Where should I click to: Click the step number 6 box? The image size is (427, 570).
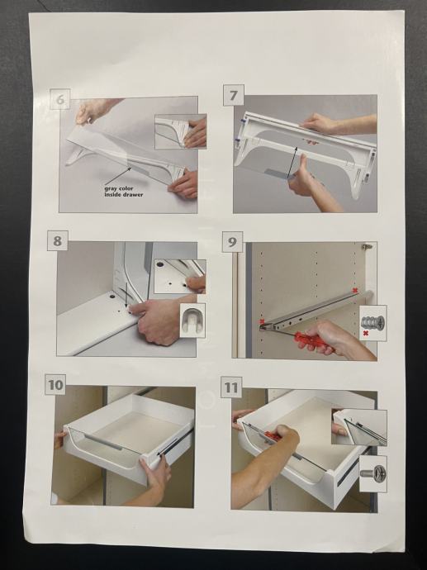(x=60, y=99)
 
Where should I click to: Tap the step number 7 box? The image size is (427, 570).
(x=233, y=95)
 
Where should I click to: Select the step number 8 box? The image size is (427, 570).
(x=58, y=240)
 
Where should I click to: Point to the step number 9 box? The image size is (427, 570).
(x=233, y=242)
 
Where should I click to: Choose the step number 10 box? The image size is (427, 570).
(x=55, y=384)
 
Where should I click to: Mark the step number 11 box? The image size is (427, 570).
(x=231, y=387)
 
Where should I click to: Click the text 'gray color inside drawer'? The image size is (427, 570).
(x=124, y=192)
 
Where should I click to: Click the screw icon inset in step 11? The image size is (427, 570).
(x=373, y=474)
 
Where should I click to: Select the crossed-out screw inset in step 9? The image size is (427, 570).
(x=372, y=323)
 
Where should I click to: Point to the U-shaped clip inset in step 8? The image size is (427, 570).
(x=192, y=321)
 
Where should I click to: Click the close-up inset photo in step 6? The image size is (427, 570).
(x=181, y=131)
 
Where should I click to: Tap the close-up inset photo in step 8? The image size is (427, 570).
(x=180, y=276)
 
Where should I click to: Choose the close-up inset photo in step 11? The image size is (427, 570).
(x=359, y=428)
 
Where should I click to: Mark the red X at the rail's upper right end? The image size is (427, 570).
(x=355, y=290)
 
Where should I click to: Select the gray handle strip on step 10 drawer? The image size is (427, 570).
(x=103, y=441)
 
